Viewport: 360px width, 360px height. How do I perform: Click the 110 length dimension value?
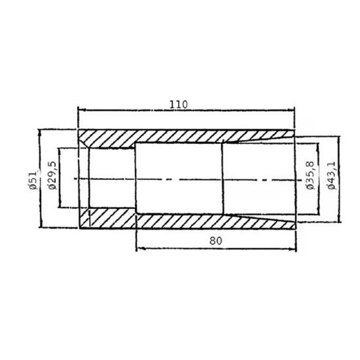[179, 105]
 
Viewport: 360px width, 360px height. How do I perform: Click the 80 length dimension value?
[216, 241]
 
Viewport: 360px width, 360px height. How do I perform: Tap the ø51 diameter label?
[33, 180]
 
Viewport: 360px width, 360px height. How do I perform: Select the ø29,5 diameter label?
[52, 175]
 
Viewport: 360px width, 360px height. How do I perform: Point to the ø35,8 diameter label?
[310, 175]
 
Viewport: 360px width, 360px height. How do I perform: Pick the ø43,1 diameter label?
[331, 175]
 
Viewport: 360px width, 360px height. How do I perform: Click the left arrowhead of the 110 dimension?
[82, 110]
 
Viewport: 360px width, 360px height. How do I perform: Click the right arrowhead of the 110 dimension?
[291, 110]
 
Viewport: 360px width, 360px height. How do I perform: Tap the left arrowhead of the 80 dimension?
[140, 249]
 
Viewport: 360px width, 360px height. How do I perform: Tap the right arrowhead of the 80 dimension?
[293, 249]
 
